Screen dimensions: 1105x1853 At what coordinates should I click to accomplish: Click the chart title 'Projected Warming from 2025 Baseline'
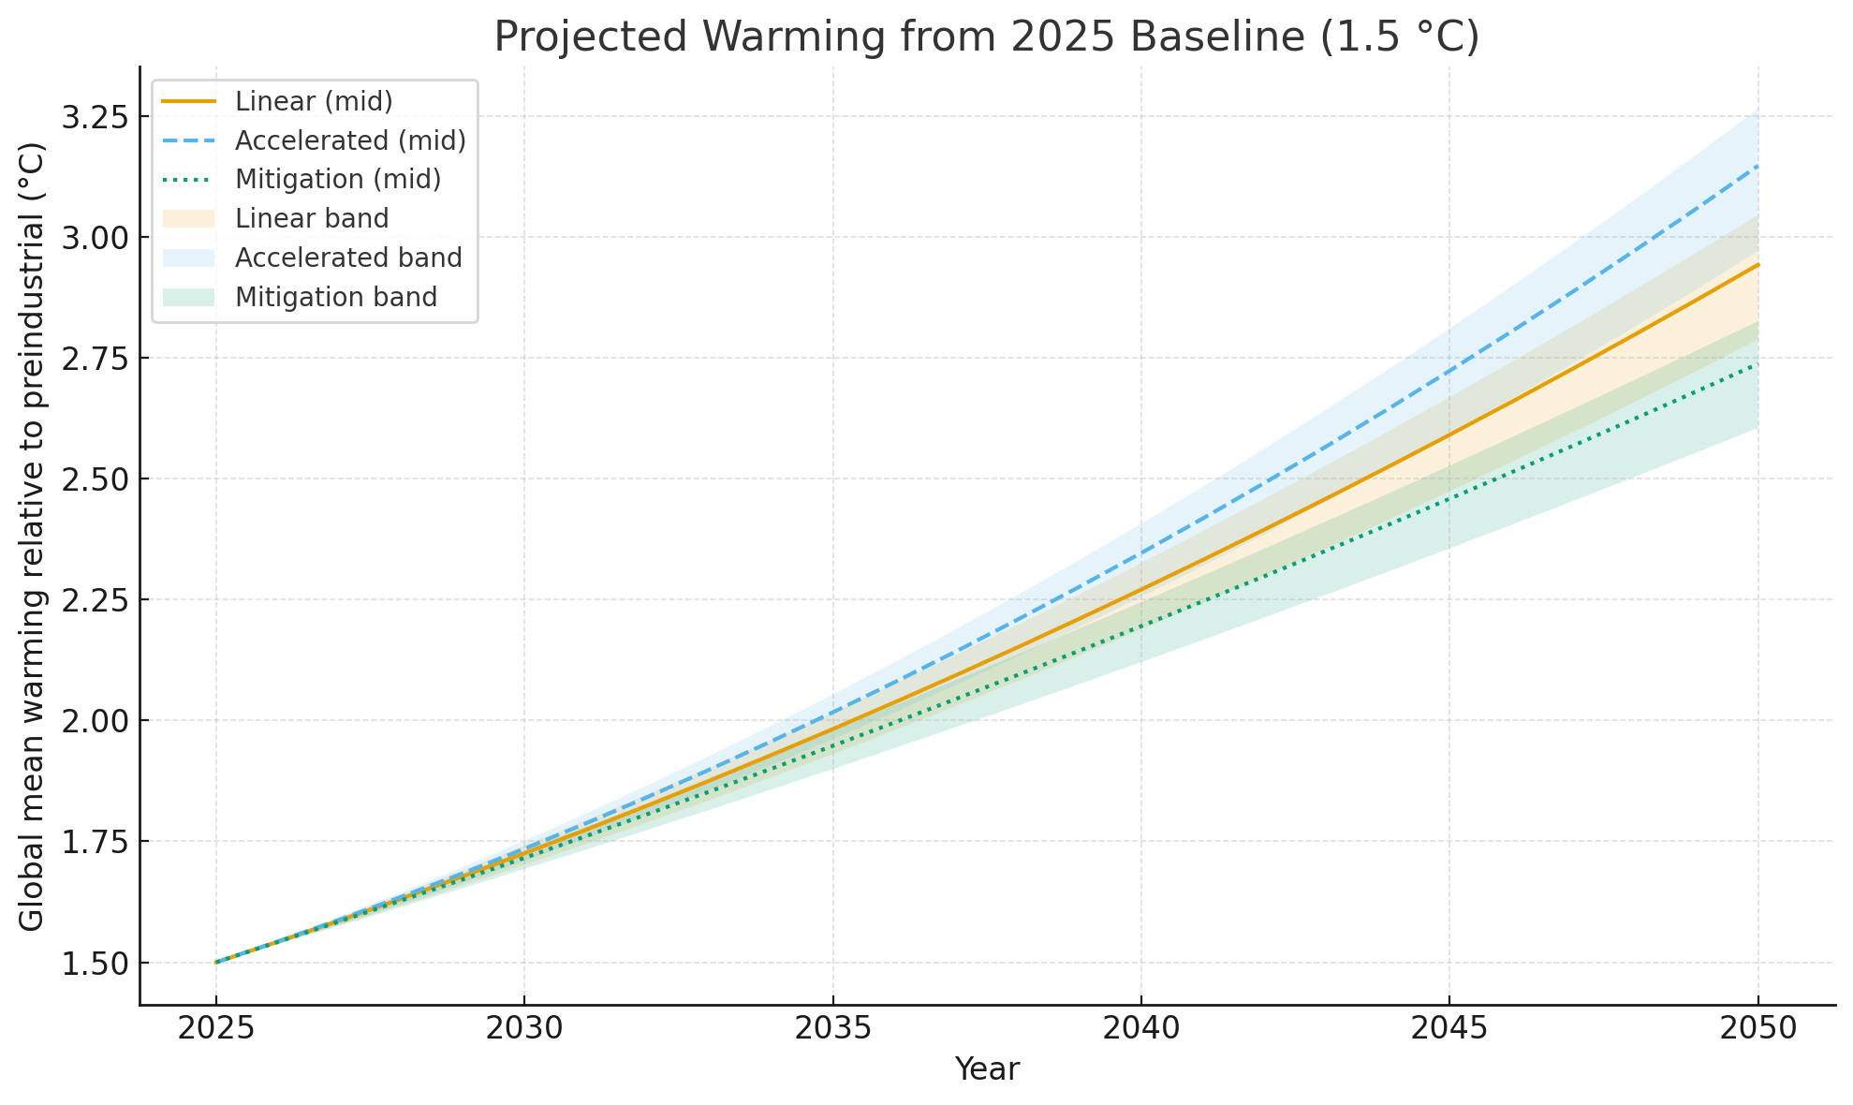986,37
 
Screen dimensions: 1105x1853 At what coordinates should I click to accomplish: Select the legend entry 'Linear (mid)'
314,101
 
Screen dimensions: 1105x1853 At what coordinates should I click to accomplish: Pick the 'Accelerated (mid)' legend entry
350,140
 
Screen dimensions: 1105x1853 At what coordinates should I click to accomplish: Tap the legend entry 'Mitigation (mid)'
338,180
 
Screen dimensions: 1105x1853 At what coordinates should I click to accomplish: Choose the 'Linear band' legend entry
312,219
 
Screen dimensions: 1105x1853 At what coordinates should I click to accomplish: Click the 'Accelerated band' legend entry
348,258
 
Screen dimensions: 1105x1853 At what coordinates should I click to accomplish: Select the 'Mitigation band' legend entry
336,298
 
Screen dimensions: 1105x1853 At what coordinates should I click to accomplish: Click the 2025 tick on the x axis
216,1029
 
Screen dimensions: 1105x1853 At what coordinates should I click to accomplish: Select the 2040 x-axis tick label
1140,1029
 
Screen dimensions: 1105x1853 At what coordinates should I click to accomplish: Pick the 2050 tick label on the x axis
1757,1029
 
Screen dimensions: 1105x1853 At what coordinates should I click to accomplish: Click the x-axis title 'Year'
986,1069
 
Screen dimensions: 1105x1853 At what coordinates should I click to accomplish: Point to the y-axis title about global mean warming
32,536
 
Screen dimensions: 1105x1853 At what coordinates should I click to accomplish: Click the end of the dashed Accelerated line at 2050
1757,166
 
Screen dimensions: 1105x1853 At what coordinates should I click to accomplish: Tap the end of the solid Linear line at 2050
1757,265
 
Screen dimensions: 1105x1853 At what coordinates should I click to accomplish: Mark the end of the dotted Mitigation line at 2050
1757,363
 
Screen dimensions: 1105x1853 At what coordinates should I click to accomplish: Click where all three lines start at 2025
216,962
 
